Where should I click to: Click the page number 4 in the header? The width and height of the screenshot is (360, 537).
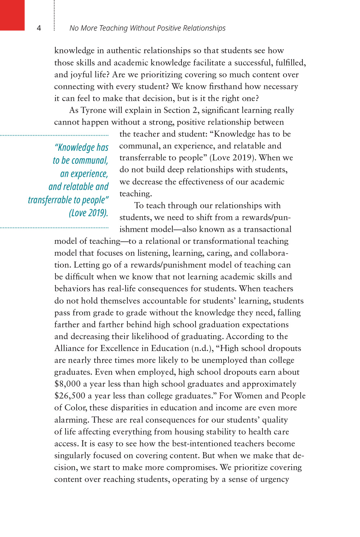click(39, 28)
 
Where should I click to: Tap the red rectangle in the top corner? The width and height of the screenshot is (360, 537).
click(12, 15)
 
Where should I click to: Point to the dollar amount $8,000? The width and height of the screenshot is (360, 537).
click(67, 384)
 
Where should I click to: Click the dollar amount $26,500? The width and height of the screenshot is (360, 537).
click(70, 396)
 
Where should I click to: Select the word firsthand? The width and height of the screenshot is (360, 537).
click(226, 86)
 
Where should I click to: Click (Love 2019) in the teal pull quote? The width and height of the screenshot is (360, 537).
click(89, 213)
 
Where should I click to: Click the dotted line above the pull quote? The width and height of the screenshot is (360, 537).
click(54, 135)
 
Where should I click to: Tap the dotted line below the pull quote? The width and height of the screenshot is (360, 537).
click(54, 228)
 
